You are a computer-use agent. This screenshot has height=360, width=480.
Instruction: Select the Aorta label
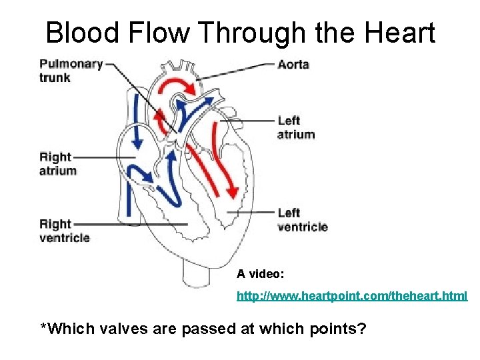293,65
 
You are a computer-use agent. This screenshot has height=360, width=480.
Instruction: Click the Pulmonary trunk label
71,71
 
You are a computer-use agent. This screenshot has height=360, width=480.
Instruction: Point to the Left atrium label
295,127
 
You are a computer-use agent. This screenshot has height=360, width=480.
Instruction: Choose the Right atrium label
58,163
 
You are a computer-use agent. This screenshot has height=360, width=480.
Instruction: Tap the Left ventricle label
302,219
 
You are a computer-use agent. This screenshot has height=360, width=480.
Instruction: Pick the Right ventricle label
64,231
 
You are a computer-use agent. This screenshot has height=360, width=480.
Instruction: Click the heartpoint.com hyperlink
352,295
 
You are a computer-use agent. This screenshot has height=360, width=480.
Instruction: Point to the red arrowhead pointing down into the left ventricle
232,191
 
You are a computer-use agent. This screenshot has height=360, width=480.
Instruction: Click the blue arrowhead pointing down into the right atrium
139,143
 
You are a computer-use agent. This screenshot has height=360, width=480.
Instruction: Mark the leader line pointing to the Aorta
237,71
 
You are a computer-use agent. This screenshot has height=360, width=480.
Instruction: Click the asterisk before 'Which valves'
44,326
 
